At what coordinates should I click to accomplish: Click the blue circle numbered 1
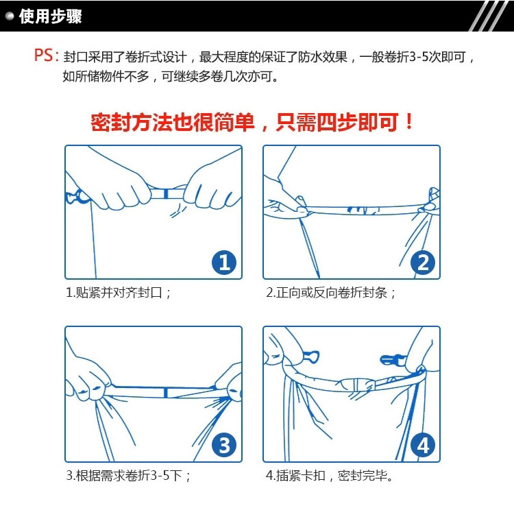(x=224, y=263)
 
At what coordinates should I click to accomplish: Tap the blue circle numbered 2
(x=423, y=263)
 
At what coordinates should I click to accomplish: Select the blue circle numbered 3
(x=224, y=445)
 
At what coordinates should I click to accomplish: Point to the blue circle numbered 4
(x=423, y=445)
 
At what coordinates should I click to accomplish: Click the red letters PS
(x=43, y=56)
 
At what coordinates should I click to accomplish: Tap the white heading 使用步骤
(x=50, y=16)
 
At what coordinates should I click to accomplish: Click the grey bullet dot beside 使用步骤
(x=10, y=16)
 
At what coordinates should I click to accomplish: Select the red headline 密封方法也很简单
(x=172, y=122)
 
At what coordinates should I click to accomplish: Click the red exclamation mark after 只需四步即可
(x=409, y=121)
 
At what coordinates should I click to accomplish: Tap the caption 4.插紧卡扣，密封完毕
(x=329, y=475)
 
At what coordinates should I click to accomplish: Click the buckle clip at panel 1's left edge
(x=75, y=197)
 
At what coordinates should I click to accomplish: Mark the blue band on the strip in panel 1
(x=166, y=194)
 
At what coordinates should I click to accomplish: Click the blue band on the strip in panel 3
(x=166, y=393)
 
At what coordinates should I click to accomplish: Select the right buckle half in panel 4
(x=393, y=359)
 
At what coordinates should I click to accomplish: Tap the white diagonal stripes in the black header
(x=489, y=16)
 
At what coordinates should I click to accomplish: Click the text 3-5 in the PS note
(x=419, y=57)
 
